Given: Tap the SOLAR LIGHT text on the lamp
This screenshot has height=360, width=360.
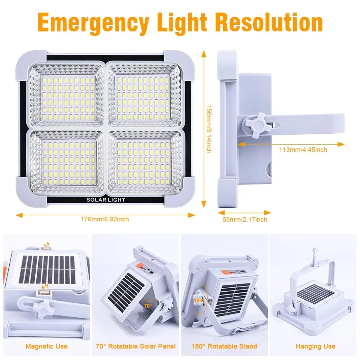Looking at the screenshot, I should [106, 199].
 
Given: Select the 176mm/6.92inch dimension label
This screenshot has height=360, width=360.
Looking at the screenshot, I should [106, 219].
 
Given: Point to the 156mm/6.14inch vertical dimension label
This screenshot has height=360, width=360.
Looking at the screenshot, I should [210, 128].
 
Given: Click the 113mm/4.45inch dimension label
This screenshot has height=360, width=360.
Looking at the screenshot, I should [303, 150].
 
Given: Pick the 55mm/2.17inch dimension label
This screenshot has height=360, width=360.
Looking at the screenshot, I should [245, 219].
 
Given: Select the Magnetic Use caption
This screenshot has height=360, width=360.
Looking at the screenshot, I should [46, 346].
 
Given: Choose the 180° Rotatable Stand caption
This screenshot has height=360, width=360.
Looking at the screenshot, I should [225, 346].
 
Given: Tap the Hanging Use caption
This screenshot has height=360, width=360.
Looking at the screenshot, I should [315, 346].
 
